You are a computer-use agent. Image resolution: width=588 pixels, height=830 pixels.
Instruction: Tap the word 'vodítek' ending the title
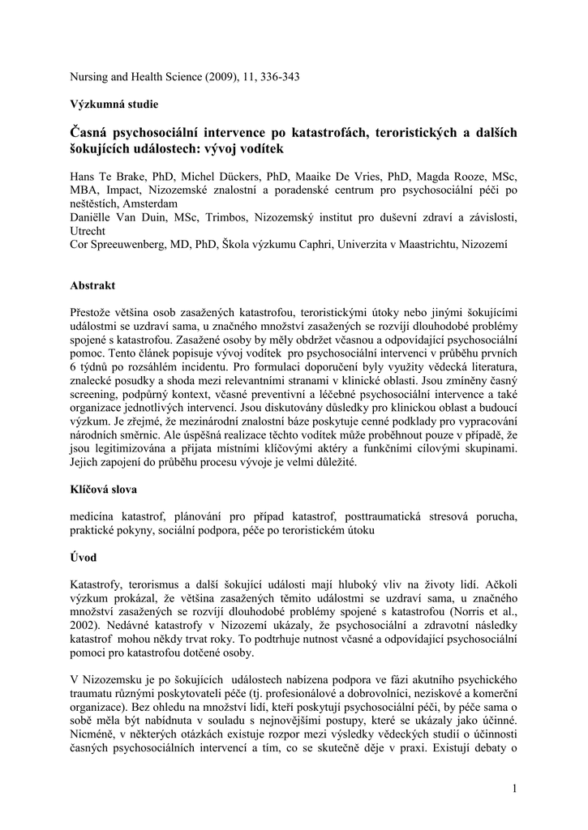point(264,150)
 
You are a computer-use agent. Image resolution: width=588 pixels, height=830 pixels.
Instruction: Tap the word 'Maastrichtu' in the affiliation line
point(423,243)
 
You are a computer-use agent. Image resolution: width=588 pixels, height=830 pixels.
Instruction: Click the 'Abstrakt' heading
point(93,285)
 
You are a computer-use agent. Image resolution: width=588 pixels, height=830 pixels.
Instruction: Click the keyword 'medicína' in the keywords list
point(95,516)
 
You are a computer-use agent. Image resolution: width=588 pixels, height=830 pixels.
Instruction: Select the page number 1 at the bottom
point(515,789)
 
